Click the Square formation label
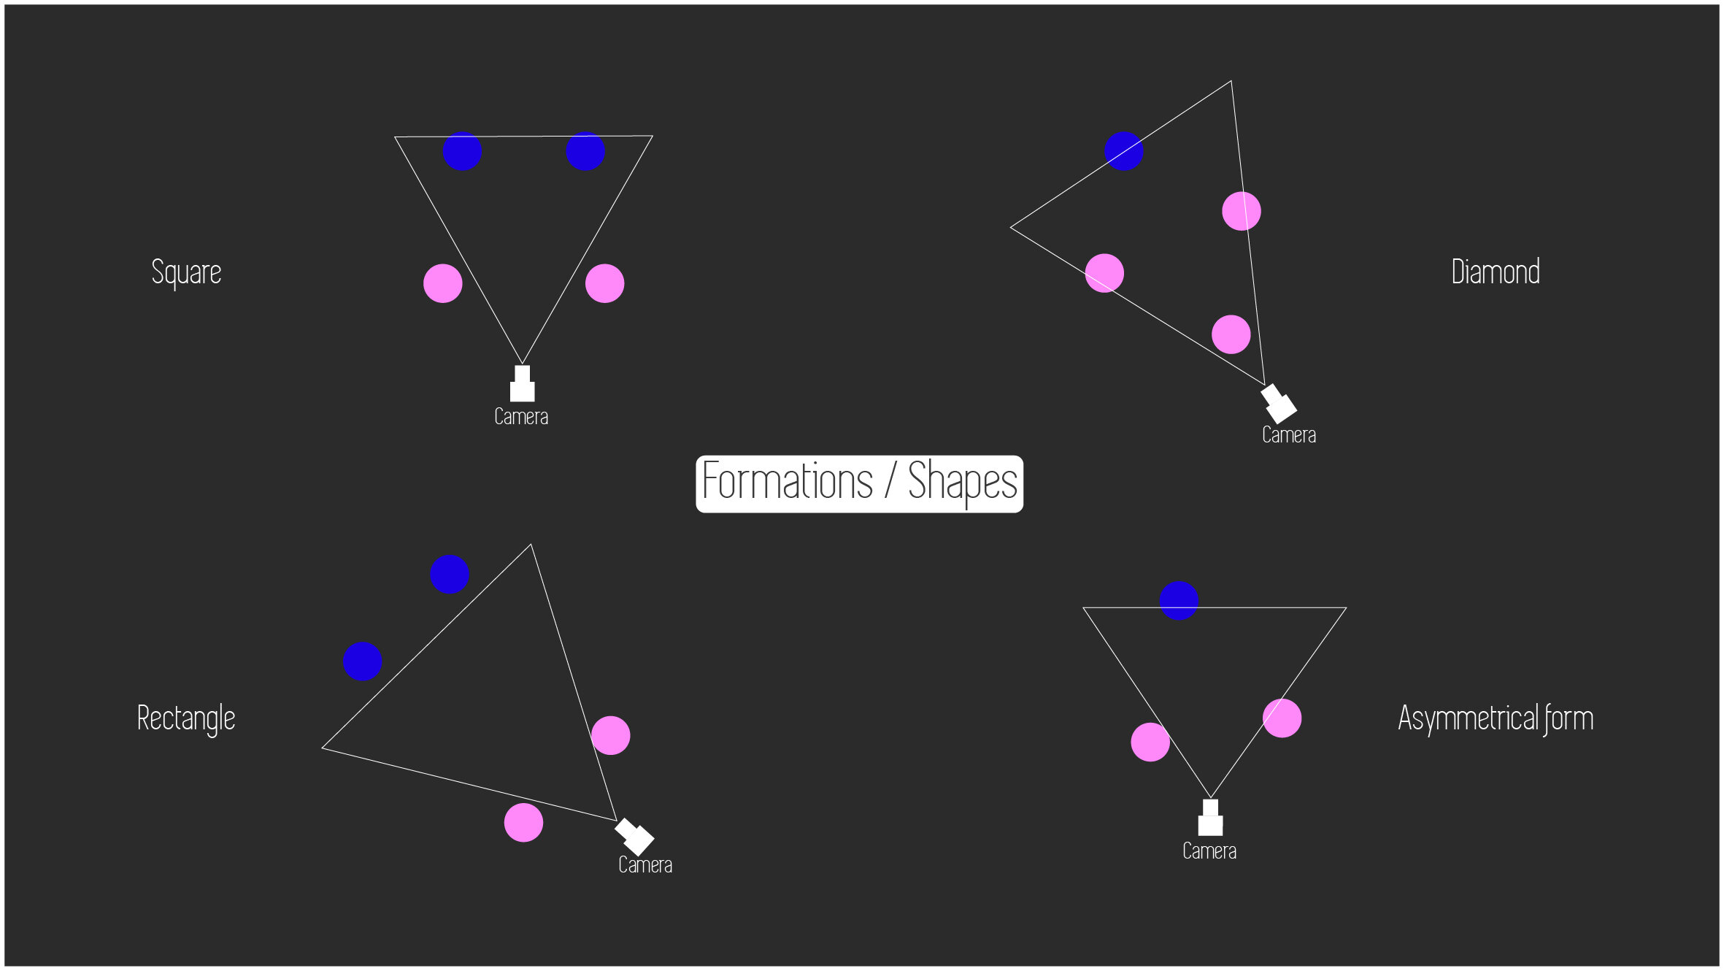pos(186,272)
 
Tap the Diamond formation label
pos(1495,272)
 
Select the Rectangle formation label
pos(186,718)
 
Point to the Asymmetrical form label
pos(1495,718)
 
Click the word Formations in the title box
pos(787,482)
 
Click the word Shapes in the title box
pos(962,482)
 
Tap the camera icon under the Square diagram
pos(522,385)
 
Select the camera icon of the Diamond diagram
pos(1279,403)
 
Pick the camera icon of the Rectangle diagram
pos(635,837)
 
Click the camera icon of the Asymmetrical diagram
pos(1210,819)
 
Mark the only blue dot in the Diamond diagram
pos(1123,151)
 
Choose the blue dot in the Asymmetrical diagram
pos(1179,601)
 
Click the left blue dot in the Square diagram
pos(462,151)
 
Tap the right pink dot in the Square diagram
pos(604,283)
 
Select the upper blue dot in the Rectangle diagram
pos(449,574)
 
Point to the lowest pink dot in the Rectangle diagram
pos(523,823)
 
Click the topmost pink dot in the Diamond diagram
pos(1241,211)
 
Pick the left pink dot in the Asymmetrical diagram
pos(1150,742)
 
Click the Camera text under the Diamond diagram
pos(1289,435)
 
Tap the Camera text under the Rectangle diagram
pos(645,865)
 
